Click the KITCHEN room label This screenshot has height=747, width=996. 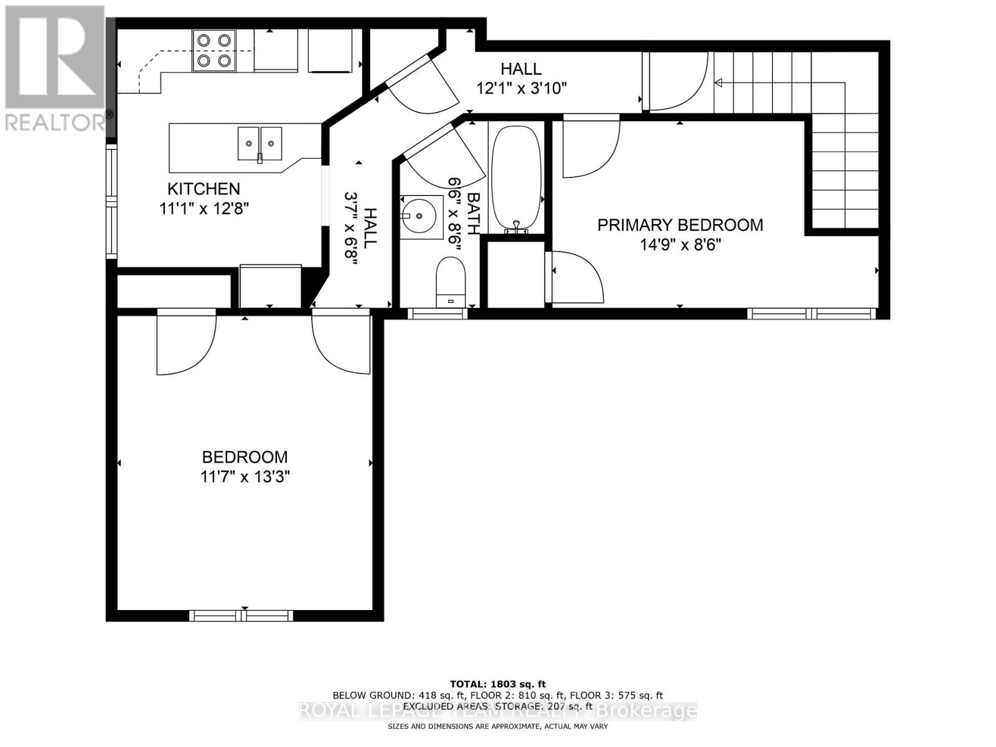(x=204, y=189)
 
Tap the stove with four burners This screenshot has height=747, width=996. (x=214, y=50)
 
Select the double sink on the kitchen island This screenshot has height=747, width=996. (x=260, y=144)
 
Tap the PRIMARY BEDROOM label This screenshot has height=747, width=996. (x=680, y=225)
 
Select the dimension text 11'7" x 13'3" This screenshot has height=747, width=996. (x=245, y=477)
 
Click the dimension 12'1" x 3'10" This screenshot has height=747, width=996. (x=521, y=88)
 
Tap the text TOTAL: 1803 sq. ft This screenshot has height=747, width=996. (x=497, y=684)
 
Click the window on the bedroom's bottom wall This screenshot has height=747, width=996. (x=241, y=616)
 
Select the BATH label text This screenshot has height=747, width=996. (x=473, y=214)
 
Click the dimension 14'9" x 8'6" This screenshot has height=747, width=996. (x=680, y=245)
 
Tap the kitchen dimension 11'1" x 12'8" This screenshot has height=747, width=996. (x=204, y=209)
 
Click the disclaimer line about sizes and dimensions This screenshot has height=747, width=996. (x=497, y=726)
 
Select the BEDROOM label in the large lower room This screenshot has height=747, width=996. (x=245, y=457)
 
